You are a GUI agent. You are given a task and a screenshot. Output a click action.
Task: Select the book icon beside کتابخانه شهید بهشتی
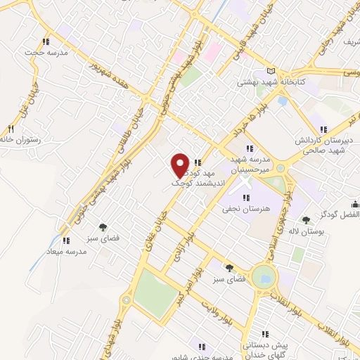click(x=273, y=72)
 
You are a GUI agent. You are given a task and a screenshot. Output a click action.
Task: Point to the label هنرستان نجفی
click(x=242, y=209)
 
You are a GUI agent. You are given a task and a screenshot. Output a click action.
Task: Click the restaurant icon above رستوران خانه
click(x=11, y=129)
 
